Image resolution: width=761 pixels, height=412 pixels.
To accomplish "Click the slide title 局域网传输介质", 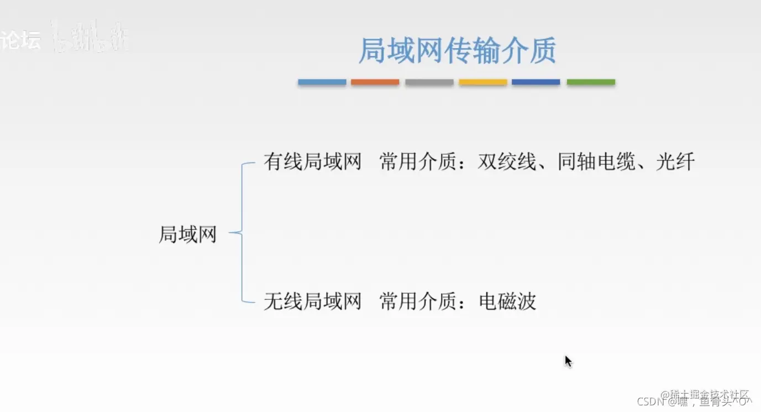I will pos(457,51).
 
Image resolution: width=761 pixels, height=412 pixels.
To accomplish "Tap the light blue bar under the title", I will pos(322,82).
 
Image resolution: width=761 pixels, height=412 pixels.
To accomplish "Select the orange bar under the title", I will pos(375,82).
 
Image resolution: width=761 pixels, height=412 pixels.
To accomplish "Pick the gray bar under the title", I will pos(429,82).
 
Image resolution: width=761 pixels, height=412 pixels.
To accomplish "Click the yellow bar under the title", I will pos(482,82).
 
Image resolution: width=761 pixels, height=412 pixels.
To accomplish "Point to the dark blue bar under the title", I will pos(536,82).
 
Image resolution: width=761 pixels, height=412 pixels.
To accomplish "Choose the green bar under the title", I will pos(591,82).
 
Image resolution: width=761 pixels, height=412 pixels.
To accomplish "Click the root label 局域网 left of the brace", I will pos(187,235).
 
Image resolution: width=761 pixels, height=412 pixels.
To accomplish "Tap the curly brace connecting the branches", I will pos(242,233).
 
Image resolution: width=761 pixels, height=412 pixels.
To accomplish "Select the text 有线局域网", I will pos(312,162).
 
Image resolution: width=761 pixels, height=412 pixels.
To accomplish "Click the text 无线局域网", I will pos(312,302).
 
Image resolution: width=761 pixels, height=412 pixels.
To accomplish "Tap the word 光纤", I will pos(675,162).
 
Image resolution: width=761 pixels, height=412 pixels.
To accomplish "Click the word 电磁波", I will pos(507,302).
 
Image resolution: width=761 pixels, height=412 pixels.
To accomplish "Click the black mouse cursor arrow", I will pos(568,362).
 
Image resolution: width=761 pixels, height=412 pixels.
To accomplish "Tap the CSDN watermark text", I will pos(650,402).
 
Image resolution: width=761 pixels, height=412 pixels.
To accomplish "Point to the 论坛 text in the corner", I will pos(20,40).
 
